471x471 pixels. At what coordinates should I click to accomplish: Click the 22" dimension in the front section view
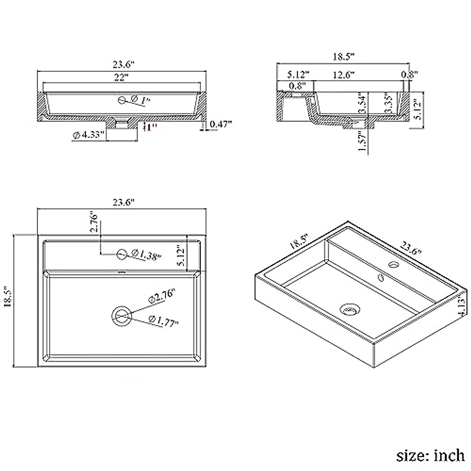click(x=122, y=77)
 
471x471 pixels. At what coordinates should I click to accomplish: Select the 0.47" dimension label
click(x=221, y=124)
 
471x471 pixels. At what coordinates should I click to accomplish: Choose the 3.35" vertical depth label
click(x=389, y=104)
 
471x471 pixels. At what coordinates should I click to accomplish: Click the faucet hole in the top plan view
click(x=122, y=254)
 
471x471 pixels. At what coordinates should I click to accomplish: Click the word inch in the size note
click(x=449, y=456)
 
